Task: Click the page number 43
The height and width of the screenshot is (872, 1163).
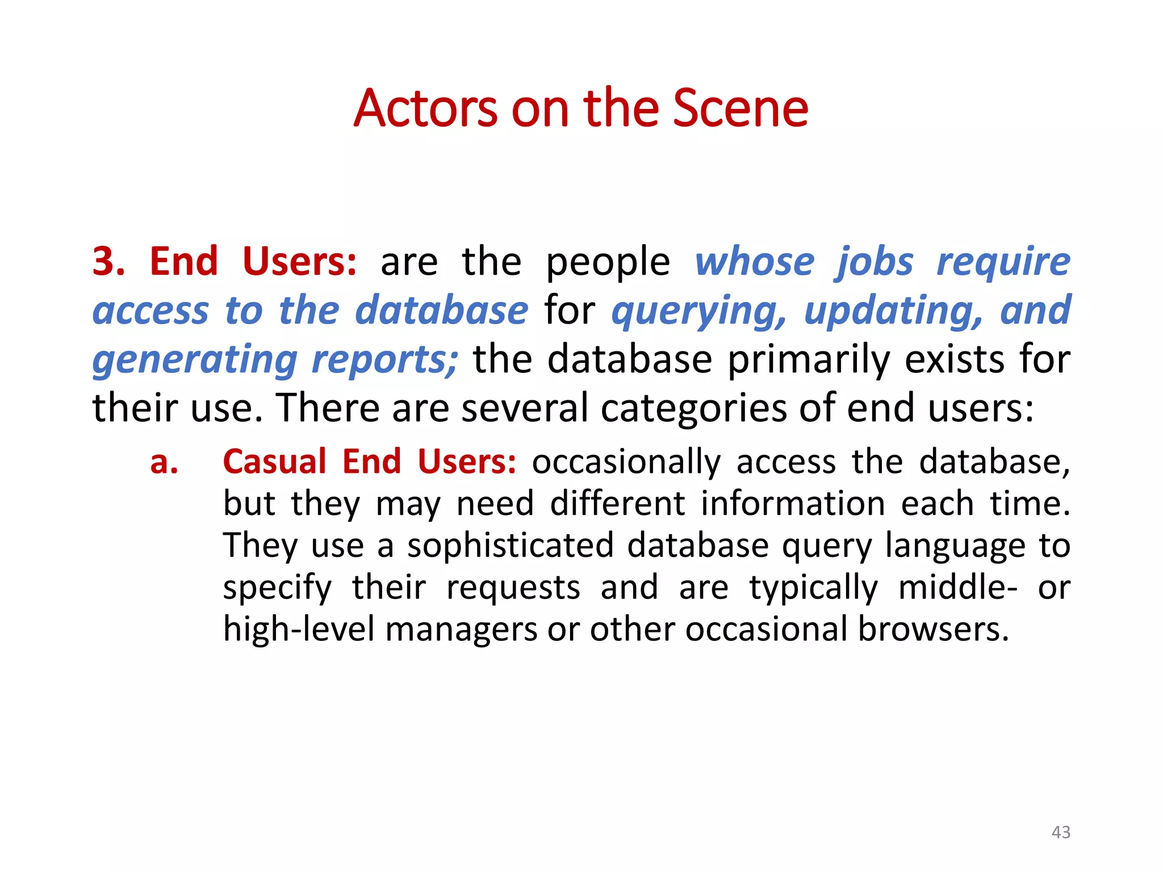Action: pos(1061,832)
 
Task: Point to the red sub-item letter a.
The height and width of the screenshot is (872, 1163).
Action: pos(164,462)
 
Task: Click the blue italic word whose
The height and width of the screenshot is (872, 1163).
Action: pos(755,262)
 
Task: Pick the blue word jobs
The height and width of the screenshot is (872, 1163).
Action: pos(875,263)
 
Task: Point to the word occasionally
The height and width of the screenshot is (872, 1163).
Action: pos(626,462)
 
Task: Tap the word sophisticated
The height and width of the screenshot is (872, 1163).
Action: pos(511,546)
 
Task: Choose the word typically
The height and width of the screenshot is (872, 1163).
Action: pos(813,588)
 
